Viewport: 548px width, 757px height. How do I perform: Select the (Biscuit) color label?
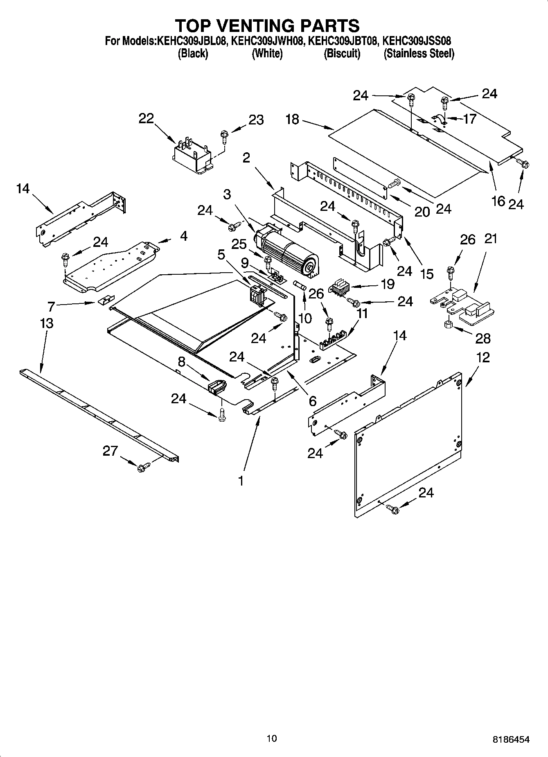pos(342,54)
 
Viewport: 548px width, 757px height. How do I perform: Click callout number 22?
pos(146,118)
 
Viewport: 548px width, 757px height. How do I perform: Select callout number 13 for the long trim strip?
pos(47,323)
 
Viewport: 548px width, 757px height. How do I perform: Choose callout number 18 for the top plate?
pos(292,119)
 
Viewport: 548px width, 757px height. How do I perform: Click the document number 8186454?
pos(511,739)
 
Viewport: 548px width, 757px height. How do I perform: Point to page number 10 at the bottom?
pos(271,738)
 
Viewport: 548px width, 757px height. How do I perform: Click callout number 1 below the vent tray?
pos(241,480)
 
